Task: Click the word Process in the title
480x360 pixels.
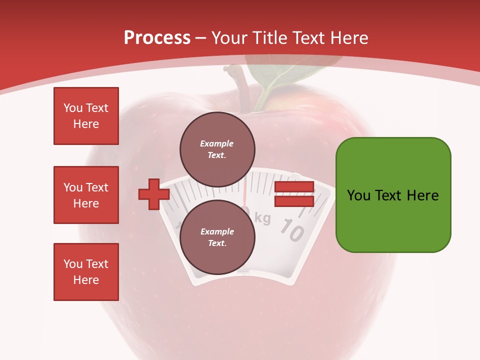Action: point(157,38)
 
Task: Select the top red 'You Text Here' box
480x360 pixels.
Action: point(86,116)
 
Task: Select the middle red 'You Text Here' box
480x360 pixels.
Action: point(86,195)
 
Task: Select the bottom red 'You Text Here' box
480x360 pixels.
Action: point(86,272)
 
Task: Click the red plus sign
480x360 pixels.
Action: point(154,194)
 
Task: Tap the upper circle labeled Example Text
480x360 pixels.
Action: point(217,149)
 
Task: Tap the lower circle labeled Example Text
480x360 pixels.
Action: point(217,237)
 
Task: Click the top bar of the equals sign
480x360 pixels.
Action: point(294,187)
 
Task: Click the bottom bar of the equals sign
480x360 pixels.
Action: point(294,201)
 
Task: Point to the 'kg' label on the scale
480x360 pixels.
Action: point(263,218)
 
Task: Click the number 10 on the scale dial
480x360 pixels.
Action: point(291,230)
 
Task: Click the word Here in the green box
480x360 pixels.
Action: point(422,195)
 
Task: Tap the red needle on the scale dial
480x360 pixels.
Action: point(245,192)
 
